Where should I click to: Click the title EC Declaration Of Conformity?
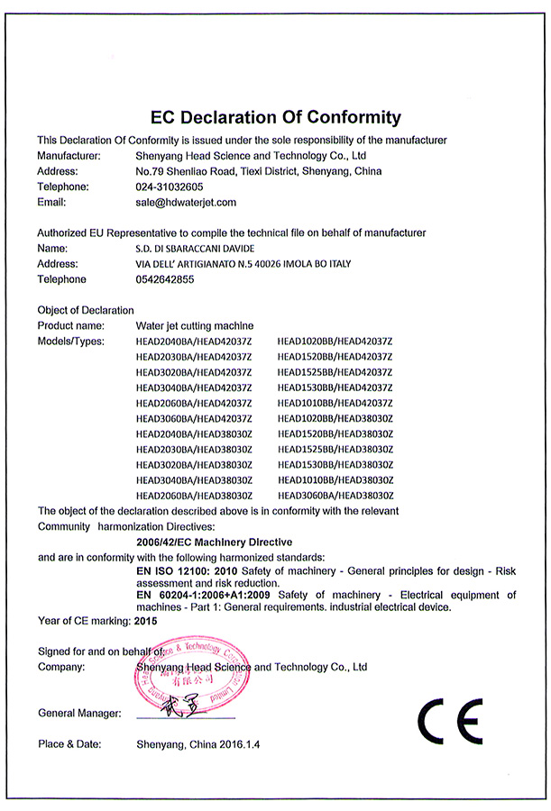275,117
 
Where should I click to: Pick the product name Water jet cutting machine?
195,325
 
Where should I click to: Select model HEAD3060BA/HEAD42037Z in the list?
194,418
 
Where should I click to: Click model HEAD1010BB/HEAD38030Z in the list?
336,480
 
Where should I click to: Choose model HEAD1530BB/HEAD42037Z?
336,387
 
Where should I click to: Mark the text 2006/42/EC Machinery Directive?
214,542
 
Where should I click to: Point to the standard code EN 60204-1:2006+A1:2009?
205,596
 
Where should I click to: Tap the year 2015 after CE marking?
145,622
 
